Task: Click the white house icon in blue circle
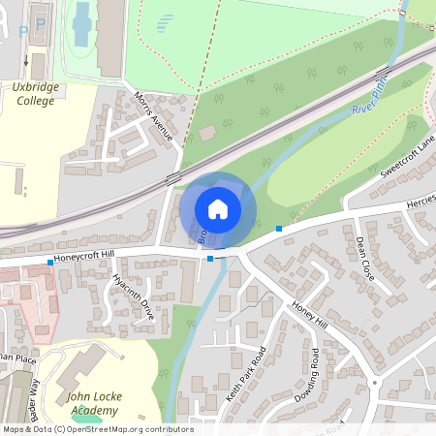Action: (218, 208)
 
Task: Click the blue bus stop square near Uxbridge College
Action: (50, 263)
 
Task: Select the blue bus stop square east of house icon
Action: (279, 229)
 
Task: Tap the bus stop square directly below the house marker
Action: (210, 258)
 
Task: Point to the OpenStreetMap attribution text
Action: (97, 429)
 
